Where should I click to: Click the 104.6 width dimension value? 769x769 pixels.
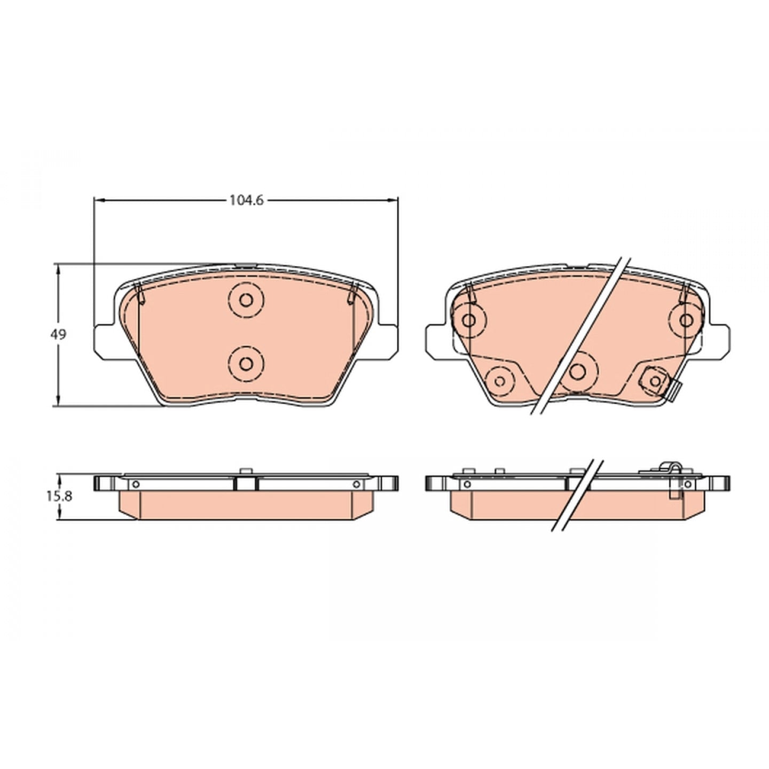click(x=247, y=200)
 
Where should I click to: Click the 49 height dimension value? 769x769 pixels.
click(x=58, y=334)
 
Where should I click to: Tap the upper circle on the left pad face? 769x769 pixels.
click(x=246, y=300)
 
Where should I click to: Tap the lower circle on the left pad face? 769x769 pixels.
click(x=246, y=364)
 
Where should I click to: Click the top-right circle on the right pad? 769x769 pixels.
click(x=686, y=320)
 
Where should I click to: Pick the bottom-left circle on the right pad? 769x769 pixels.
click(x=499, y=381)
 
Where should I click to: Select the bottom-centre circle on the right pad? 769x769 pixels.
click(x=577, y=372)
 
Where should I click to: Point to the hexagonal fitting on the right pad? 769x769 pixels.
click(x=655, y=381)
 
